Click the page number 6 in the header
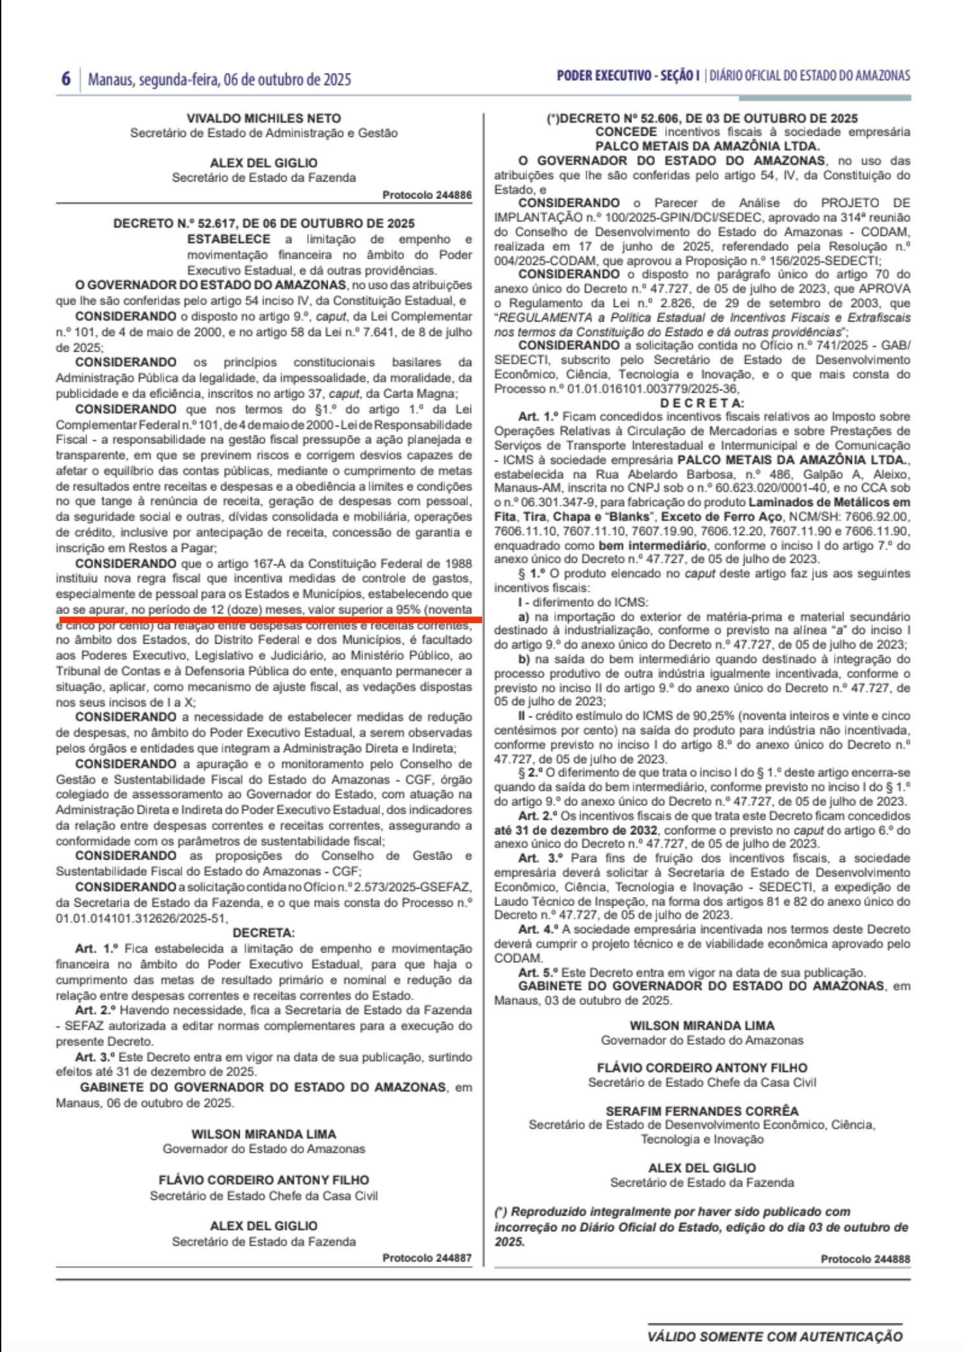pos(66,79)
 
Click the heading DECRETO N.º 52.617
pos(264,224)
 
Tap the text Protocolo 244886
pos(427,195)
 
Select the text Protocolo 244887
pos(427,1258)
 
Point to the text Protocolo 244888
pos(865,1259)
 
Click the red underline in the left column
pos(270,619)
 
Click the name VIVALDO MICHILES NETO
pos(264,118)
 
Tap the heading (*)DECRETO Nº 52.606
pos(702,118)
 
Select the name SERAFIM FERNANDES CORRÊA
pos(702,1111)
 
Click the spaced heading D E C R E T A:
pos(702,403)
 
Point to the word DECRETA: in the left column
pos(264,933)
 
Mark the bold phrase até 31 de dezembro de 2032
pos(576,830)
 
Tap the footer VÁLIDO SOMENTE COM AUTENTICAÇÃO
pos(775,1336)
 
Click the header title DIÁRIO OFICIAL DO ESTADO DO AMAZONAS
pos(809,76)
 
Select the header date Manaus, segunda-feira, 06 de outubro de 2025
pos(219,79)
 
